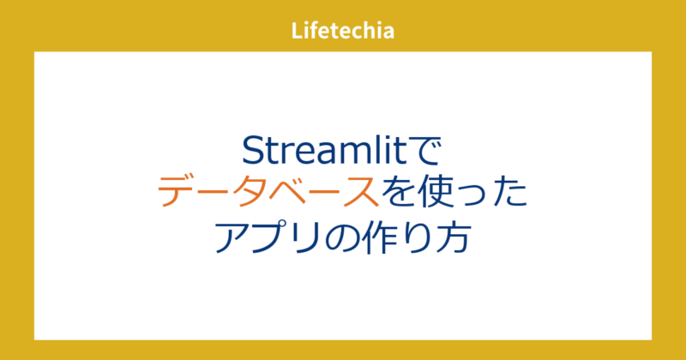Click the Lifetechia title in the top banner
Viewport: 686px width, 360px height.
(343, 31)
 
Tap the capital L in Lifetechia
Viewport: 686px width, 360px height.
(297, 31)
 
